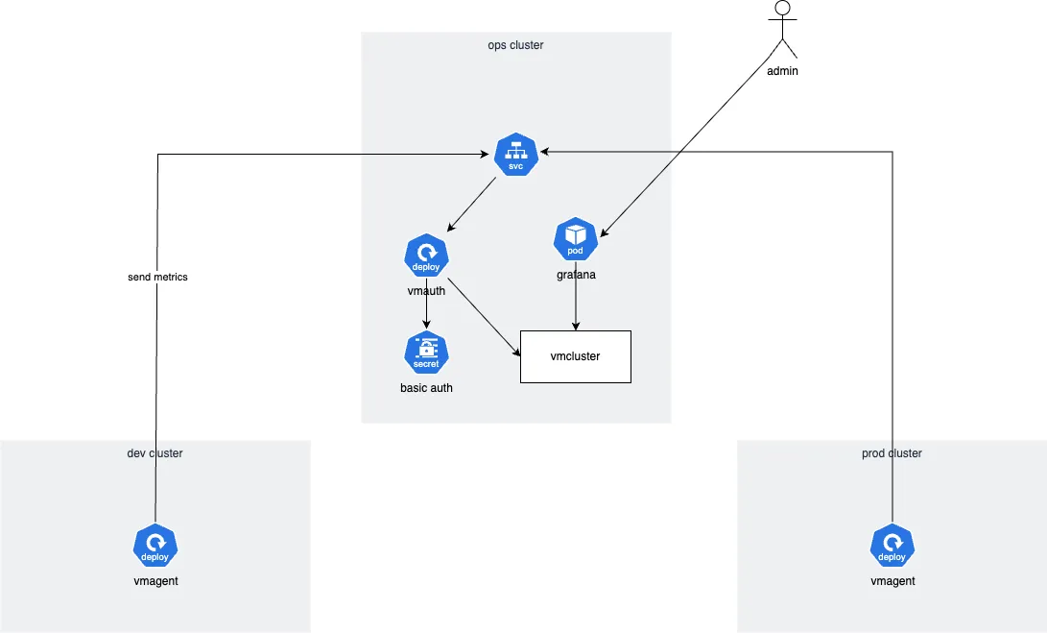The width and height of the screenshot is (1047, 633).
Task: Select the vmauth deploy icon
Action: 426,256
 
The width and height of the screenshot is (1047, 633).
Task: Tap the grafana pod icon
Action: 576,239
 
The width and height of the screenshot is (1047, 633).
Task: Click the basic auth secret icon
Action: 426,353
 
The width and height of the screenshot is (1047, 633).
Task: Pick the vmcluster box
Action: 575,356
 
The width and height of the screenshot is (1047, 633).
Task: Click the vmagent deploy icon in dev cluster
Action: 155,547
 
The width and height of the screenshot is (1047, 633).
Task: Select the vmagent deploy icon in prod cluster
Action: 892,547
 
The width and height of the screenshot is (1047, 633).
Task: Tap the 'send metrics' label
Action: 157,278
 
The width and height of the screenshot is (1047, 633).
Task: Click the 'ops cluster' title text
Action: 515,45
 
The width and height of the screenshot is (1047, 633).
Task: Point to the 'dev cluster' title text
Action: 155,453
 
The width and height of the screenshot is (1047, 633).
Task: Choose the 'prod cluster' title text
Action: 892,453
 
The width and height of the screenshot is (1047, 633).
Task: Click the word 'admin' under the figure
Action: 782,71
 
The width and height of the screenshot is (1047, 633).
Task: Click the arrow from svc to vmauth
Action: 471,205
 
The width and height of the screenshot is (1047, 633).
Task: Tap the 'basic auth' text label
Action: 426,388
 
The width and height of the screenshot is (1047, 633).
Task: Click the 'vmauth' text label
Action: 426,290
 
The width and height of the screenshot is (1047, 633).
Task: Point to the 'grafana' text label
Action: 576,275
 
